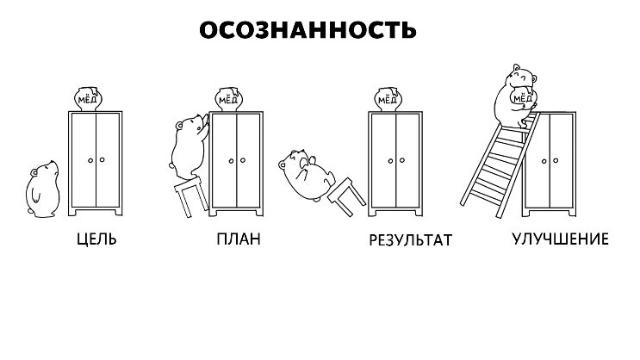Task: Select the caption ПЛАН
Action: pyautogui.click(x=239, y=239)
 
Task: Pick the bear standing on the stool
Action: pyautogui.click(x=187, y=146)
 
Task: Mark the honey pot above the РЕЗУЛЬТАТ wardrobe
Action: pyautogui.click(x=388, y=99)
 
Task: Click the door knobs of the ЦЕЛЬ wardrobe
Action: pyautogui.click(x=96, y=159)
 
